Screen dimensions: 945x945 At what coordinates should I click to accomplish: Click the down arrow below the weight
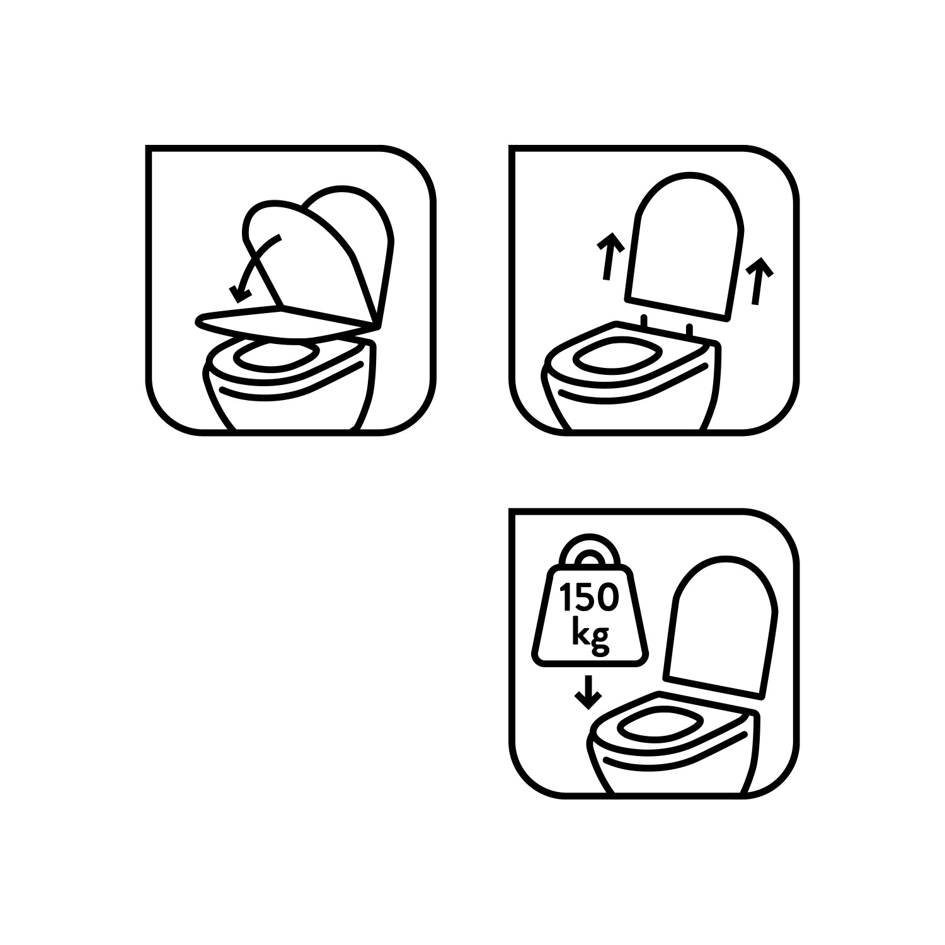(588, 692)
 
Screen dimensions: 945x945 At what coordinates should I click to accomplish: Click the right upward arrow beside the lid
(758, 281)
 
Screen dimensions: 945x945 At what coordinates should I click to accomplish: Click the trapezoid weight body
(590, 616)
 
